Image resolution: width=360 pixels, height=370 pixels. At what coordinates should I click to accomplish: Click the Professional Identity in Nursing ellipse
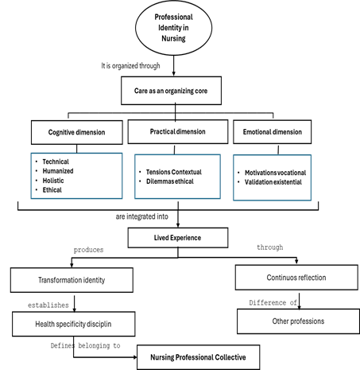tap(173, 28)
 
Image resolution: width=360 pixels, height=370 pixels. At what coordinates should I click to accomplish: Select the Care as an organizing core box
tap(171, 91)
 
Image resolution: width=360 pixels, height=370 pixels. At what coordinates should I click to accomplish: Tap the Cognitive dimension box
tap(77, 132)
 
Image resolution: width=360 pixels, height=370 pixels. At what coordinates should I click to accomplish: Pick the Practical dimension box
tap(178, 131)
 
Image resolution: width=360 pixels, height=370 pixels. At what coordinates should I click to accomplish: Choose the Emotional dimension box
tap(273, 132)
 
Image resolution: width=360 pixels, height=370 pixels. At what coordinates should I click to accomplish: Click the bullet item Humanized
tap(58, 171)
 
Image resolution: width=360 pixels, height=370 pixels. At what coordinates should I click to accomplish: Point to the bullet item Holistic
tap(53, 181)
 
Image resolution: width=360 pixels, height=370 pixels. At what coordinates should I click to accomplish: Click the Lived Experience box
tap(178, 238)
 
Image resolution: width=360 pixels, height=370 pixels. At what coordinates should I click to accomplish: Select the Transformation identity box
tap(72, 280)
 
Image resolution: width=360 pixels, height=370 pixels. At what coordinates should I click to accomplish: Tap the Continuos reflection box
tap(296, 278)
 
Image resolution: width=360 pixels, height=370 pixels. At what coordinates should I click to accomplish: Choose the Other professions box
tap(298, 321)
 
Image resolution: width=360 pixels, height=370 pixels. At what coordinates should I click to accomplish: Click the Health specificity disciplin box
tap(74, 324)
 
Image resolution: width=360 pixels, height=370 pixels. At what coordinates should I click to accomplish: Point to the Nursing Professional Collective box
tap(198, 357)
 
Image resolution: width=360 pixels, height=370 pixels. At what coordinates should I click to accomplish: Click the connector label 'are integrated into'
tap(142, 216)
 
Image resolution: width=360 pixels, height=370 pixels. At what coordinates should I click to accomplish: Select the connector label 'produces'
tap(88, 250)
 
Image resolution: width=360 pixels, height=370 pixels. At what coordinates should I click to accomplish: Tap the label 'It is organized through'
tap(130, 66)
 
